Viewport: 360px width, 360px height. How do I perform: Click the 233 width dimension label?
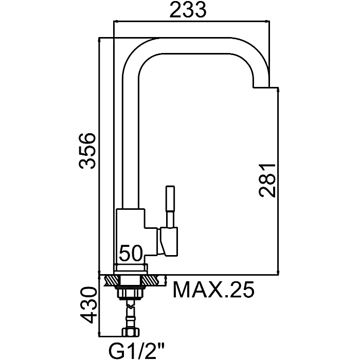pos(188,10)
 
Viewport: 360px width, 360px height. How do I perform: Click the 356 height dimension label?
pos(86,151)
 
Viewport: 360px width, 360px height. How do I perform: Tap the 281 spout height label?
pos(267,181)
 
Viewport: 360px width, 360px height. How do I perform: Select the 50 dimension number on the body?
pos(131,253)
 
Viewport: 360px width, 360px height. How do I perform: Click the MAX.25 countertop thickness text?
pos(213,289)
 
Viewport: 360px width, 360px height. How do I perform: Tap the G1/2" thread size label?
pos(137,350)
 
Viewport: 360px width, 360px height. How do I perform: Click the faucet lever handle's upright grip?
pos(170,206)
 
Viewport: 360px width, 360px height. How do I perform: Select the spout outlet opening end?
pos(261,87)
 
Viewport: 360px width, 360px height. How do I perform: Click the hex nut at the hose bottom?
pos(131,332)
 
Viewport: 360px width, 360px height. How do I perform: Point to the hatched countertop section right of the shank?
pos(150,280)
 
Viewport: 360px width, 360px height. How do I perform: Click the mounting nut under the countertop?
pos(131,293)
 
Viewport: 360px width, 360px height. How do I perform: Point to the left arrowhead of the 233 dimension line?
pos(116,22)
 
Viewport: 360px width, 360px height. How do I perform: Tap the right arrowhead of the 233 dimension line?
pos(267,22)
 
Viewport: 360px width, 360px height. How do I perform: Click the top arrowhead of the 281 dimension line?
pos(278,90)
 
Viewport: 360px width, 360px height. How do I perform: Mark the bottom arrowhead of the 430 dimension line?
pos(99,334)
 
